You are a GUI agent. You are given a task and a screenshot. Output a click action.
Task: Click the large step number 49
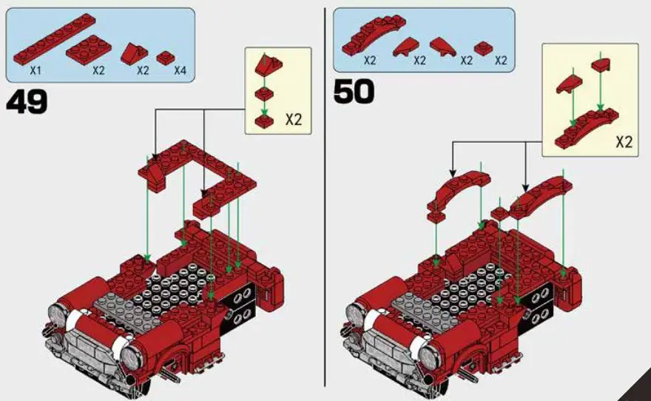tap(27, 101)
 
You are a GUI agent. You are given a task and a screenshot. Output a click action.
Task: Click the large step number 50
tap(354, 91)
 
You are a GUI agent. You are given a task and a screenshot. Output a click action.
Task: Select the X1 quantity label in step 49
tap(35, 71)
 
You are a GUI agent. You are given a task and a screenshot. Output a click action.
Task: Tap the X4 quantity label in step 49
tap(180, 71)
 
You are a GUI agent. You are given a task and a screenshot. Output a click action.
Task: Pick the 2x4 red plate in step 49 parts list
tap(89, 50)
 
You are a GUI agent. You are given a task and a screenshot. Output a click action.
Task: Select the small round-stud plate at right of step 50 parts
tap(485, 48)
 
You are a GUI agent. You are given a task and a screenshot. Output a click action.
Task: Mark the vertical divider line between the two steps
tap(325, 200)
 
